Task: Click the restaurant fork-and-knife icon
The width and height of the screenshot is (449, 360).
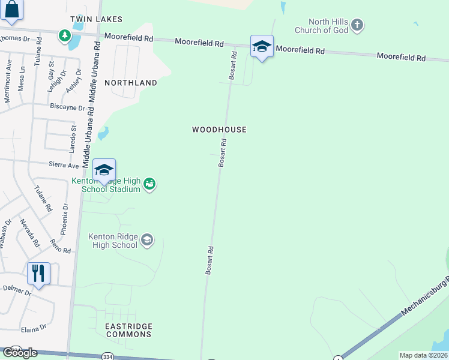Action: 38,274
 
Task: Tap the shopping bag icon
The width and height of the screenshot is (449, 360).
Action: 11,10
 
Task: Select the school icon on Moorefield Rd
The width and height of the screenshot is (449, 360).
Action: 262,46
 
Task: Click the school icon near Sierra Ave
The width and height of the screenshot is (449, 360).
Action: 104,170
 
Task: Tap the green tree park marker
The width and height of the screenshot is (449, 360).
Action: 64,36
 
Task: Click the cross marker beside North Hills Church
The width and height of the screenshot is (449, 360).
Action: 357,25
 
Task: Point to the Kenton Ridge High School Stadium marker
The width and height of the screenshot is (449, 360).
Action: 150,184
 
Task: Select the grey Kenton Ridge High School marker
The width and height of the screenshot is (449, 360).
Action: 146,241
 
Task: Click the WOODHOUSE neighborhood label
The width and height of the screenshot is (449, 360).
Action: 219,130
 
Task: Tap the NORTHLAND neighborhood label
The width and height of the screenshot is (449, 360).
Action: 131,83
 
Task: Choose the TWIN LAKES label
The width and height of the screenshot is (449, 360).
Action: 96,19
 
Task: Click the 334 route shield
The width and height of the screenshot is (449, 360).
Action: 107,356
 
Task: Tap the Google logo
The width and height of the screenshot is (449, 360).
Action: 20,353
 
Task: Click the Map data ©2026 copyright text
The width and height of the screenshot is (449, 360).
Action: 423,355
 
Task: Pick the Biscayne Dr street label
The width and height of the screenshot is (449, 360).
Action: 68,107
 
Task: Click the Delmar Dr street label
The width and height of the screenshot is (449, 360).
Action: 16,291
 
